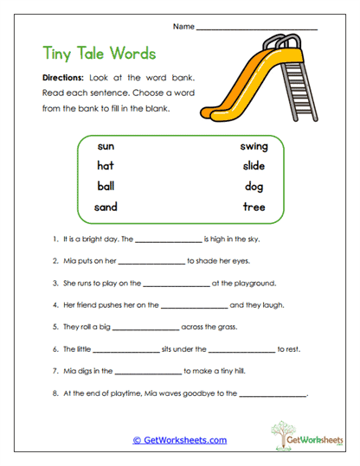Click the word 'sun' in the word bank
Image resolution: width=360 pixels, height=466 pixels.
[106, 146]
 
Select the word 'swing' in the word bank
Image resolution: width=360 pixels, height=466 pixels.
[254, 146]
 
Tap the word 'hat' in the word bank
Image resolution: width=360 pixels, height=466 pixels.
[106, 166]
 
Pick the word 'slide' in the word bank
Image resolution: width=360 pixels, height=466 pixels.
[254, 166]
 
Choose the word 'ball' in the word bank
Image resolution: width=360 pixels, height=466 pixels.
[106, 186]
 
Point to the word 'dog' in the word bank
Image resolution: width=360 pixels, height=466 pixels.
[254, 187]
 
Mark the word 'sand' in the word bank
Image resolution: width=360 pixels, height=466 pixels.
[106, 207]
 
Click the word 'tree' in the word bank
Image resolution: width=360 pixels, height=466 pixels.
[254, 207]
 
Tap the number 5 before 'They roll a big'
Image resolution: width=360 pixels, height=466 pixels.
[55, 328]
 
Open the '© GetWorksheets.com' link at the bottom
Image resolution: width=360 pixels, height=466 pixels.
[179, 440]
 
